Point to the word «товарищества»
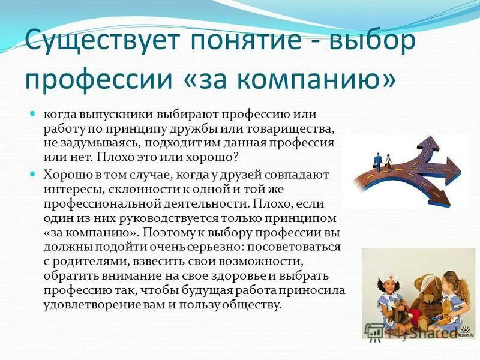289,128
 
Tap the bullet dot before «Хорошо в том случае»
34,173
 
